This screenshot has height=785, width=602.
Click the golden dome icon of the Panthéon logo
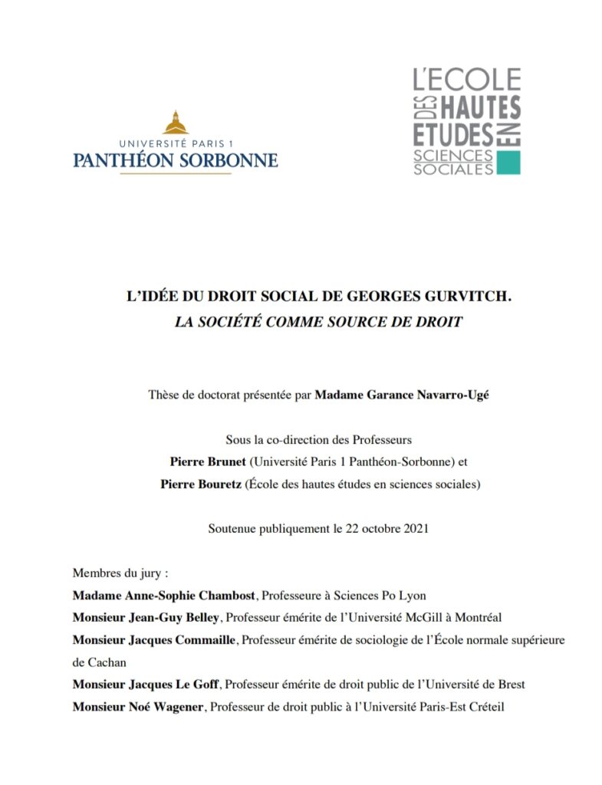click(176, 122)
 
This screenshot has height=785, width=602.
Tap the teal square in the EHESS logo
click(508, 163)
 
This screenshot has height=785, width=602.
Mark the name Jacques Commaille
click(155, 639)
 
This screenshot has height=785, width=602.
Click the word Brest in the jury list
click(510, 684)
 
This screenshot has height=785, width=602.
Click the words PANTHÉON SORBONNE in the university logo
click(176, 160)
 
